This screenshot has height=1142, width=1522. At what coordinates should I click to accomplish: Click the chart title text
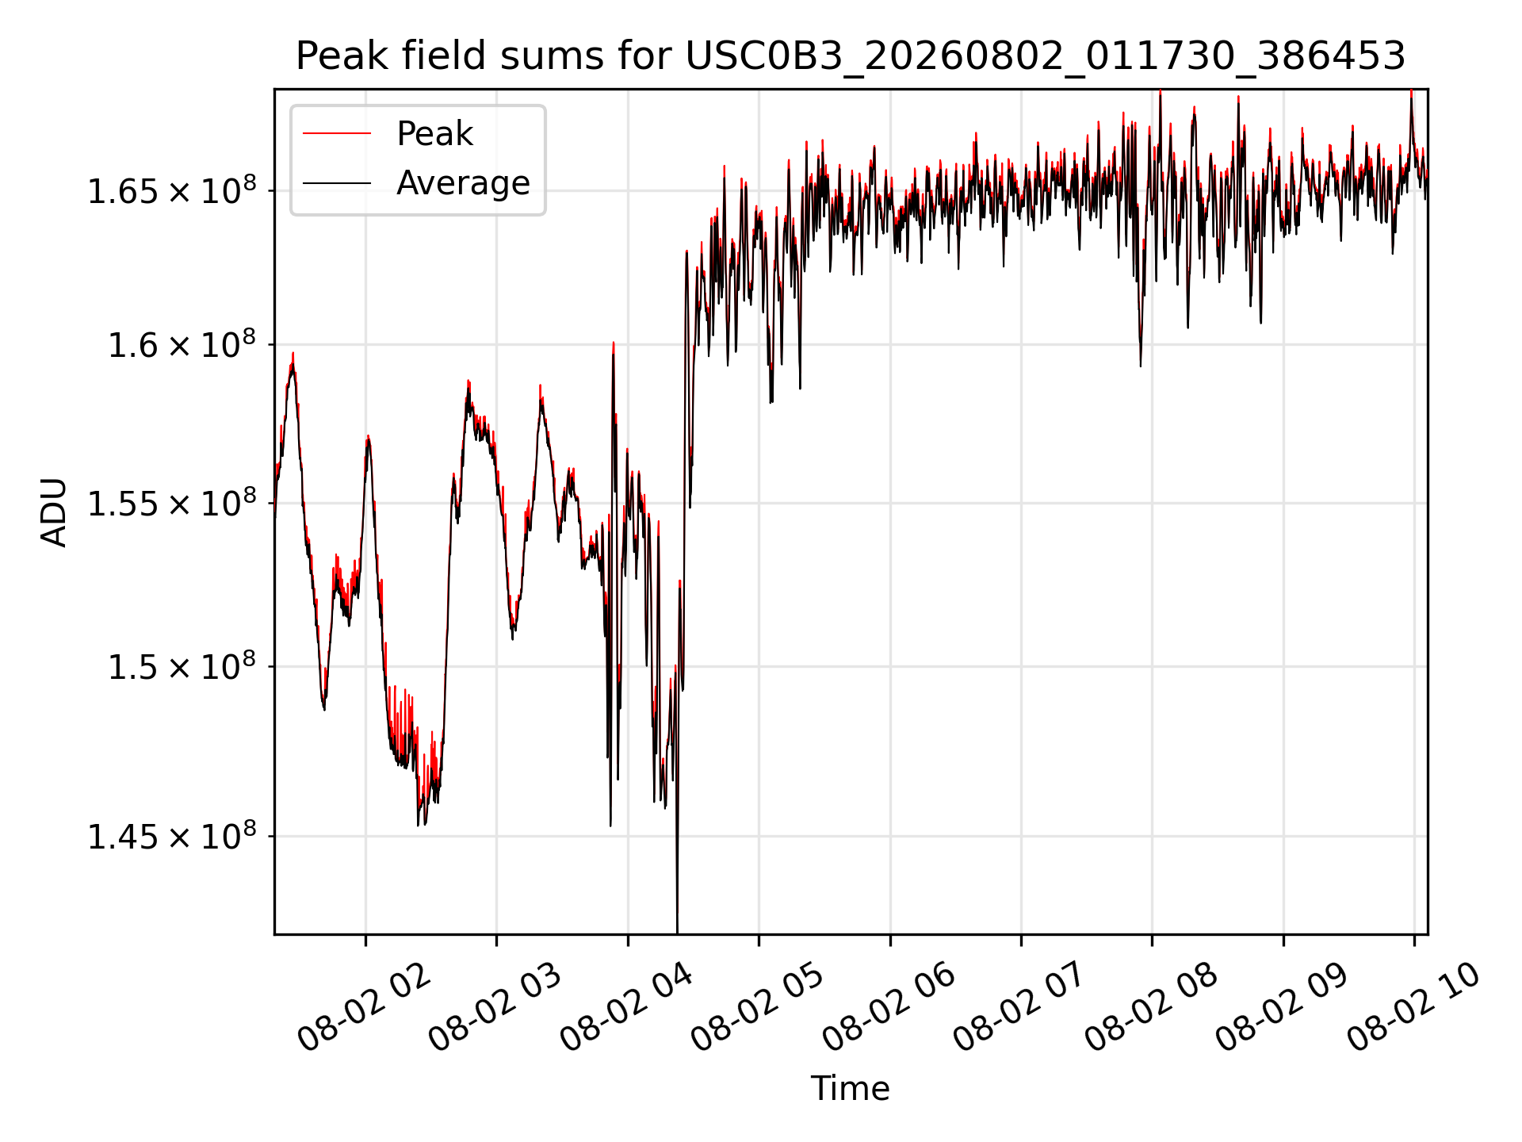851,56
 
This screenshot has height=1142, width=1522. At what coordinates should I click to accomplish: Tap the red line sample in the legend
337,133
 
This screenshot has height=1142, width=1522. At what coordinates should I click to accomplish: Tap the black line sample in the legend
337,183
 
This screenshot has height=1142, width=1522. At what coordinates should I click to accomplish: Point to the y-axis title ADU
54,512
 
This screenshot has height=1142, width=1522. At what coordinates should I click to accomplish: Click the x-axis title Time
850,1088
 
